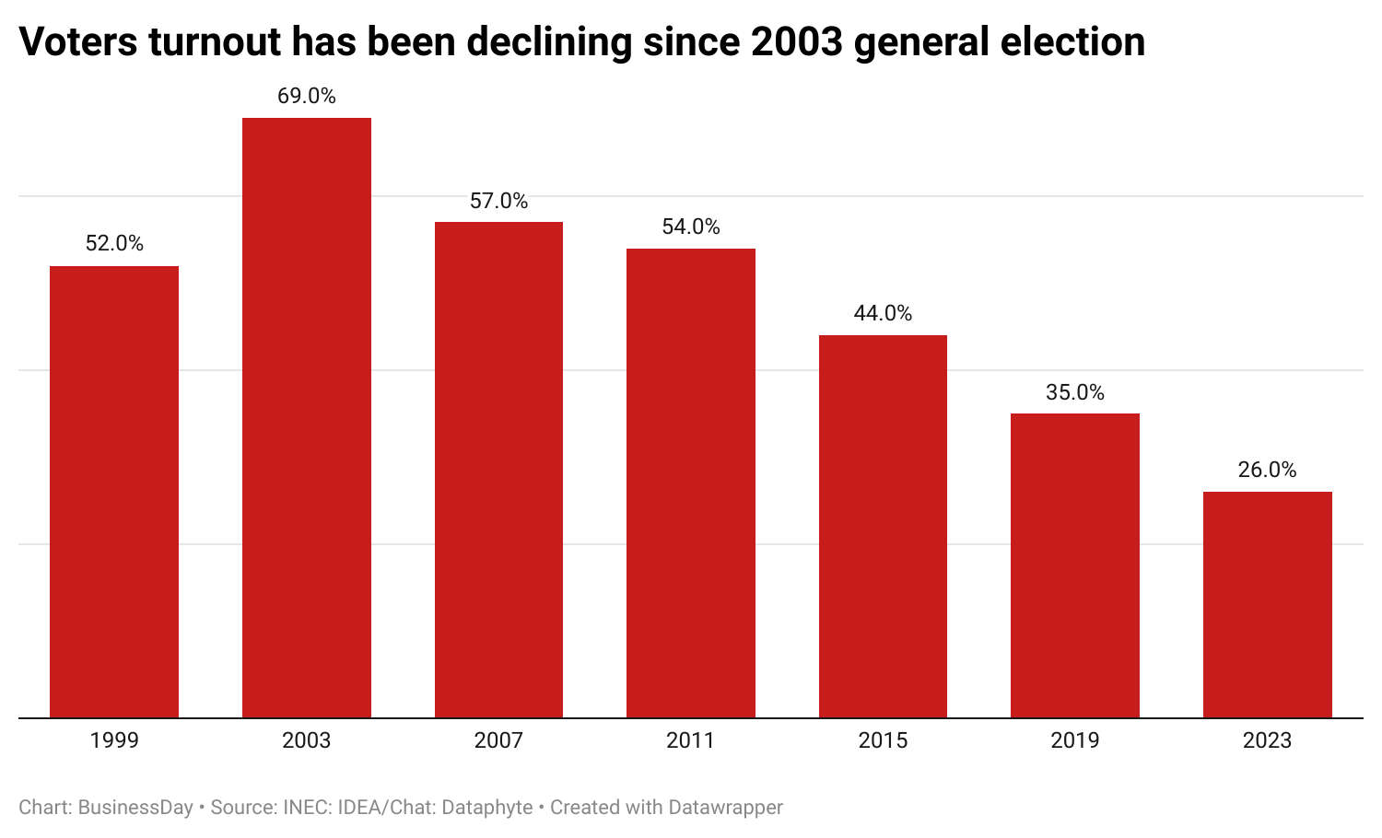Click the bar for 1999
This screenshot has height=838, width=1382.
point(114,492)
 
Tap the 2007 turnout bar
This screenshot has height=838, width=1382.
point(498,470)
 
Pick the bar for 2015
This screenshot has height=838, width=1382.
point(883,526)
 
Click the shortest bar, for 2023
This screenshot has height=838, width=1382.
point(1267,604)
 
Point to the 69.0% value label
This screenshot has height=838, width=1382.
point(307,96)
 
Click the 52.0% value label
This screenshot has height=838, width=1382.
point(114,244)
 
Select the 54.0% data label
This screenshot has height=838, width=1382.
point(691,227)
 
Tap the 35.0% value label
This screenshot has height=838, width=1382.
point(1075,392)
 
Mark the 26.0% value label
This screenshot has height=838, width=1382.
point(1267,471)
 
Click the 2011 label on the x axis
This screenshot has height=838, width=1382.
point(691,740)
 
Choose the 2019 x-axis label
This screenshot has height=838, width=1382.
point(1075,740)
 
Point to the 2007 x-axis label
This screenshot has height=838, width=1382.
point(498,740)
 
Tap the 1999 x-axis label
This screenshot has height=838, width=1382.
point(114,740)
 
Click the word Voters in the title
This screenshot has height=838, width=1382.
point(78,42)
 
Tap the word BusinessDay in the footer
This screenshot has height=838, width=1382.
point(135,808)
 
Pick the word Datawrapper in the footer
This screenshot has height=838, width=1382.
point(725,808)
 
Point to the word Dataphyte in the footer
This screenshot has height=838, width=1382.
point(487,808)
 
